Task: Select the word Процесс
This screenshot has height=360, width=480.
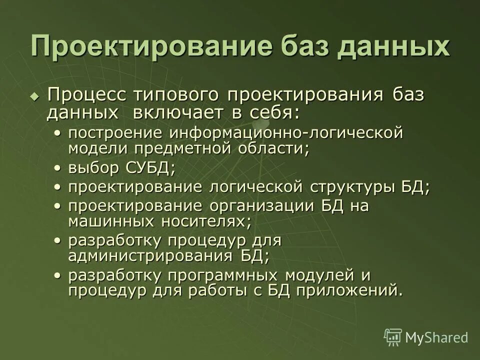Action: [x=79, y=94]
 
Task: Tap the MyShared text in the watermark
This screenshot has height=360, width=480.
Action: [x=436, y=337]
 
